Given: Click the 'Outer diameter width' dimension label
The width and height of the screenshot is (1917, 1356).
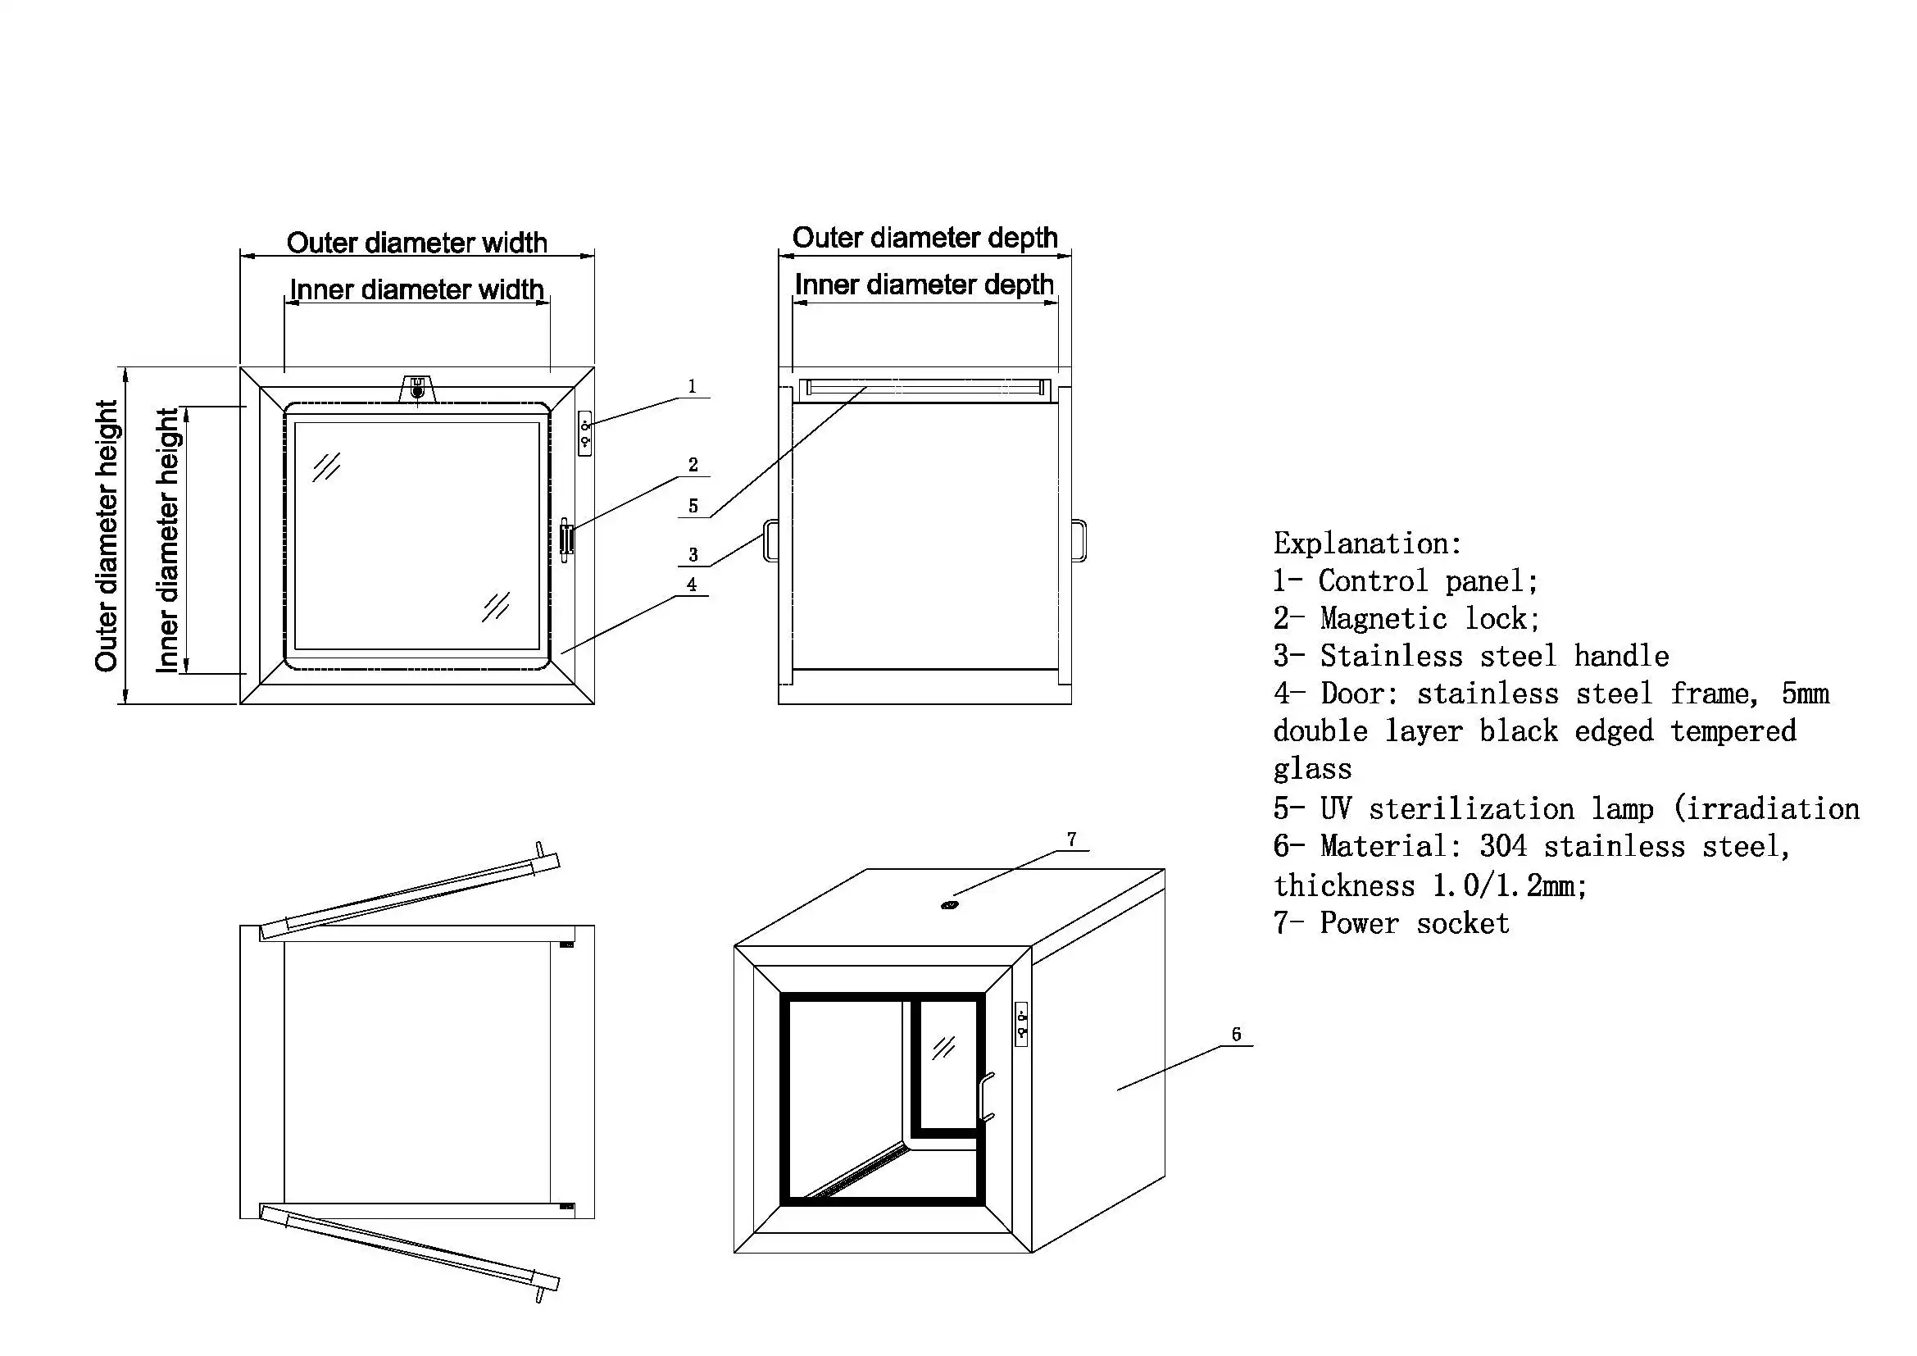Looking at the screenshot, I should click(x=416, y=243).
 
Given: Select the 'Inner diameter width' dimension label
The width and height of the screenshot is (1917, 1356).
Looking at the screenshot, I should click(x=416, y=289).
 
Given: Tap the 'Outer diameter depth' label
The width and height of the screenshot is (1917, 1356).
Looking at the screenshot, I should click(x=924, y=238).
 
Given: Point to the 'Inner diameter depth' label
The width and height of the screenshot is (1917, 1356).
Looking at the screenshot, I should click(x=924, y=284).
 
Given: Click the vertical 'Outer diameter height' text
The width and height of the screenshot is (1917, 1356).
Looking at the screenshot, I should click(x=107, y=535).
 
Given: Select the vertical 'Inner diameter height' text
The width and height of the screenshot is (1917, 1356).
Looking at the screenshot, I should click(x=167, y=540).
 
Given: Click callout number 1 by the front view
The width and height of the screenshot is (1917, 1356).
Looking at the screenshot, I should click(x=692, y=387).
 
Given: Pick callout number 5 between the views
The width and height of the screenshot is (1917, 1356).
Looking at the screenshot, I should click(x=693, y=506).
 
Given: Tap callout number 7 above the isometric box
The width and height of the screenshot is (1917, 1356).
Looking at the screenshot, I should click(x=1071, y=840).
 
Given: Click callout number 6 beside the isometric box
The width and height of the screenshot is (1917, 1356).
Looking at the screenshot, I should click(x=1237, y=1035).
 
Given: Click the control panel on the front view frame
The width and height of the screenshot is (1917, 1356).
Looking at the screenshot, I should click(x=585, y=434).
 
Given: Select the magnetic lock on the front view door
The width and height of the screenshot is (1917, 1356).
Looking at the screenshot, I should click(x=567, y=539).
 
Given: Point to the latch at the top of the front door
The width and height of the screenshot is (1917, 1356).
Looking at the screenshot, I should click(x=417, y=389).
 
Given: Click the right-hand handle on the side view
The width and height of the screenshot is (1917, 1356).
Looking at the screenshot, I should click(x=1079, y=541).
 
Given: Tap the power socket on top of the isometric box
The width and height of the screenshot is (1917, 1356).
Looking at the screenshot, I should click(x=949, y=905).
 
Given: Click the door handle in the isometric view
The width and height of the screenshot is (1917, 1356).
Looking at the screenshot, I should click(x=987, y=1095).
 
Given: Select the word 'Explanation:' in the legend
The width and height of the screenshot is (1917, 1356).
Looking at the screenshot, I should click(x=1367, y=544).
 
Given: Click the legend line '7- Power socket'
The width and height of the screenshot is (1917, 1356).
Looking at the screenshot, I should click(x=1391, y=923).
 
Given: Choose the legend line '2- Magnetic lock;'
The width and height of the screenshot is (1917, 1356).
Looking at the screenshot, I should click(x=1406, y=619).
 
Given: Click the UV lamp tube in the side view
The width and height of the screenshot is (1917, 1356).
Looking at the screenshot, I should click(x=924, y=389).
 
